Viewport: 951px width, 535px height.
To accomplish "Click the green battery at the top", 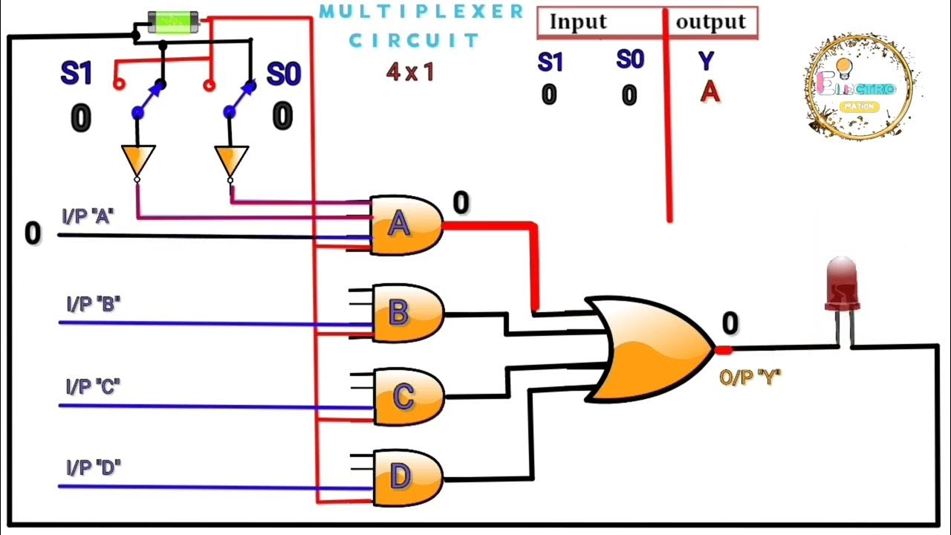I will coord(173,22).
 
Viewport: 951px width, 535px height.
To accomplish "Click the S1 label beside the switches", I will coord(77,74).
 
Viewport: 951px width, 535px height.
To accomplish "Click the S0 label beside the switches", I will coord(283,74).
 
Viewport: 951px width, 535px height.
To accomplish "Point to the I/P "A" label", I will coord(88,217).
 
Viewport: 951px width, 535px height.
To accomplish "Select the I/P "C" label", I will coord(93,386).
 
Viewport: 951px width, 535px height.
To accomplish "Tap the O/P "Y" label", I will coord(750,377).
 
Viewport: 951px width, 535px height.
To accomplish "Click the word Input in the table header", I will coord(577,22).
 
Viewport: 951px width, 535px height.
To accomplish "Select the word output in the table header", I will coord(710,22).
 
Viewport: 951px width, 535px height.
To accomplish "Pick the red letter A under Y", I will coord(710,92).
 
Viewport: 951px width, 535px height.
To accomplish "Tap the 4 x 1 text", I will coord(409,72).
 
